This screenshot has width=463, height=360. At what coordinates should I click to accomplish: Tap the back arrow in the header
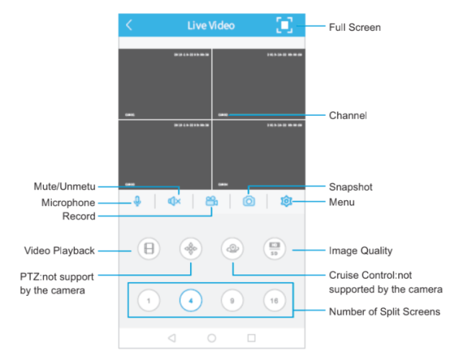coord(129,25)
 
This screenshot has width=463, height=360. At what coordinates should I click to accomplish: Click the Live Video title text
coord(211,25)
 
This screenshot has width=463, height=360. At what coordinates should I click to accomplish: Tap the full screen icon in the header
coord(285,25)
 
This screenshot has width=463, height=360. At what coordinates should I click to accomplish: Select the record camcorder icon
coord(211,202)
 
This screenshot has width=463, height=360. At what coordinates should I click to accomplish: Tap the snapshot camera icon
coord(248,202)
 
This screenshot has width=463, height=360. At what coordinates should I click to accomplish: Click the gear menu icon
coord(286,202)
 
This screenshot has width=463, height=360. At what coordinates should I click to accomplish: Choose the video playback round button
coord(148,249)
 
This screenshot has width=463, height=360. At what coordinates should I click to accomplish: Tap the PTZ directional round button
coord(191,249)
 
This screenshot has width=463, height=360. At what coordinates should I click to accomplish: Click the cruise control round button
coord(233,249)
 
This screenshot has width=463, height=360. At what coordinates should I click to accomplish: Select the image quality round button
coord(274,249)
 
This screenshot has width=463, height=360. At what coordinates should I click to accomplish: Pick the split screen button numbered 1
coord(148,299)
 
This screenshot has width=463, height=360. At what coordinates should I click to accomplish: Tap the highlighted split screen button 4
coord(191,299)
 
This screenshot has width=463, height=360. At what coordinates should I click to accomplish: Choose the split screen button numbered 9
coord(232,299)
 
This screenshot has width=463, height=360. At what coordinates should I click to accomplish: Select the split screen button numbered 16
coord(274,299)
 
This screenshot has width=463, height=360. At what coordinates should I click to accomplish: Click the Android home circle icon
coord(212,337)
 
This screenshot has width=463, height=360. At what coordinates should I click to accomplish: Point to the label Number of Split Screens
coord(385,312)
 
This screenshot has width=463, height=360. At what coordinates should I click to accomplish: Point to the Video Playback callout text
coord(60,251)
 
